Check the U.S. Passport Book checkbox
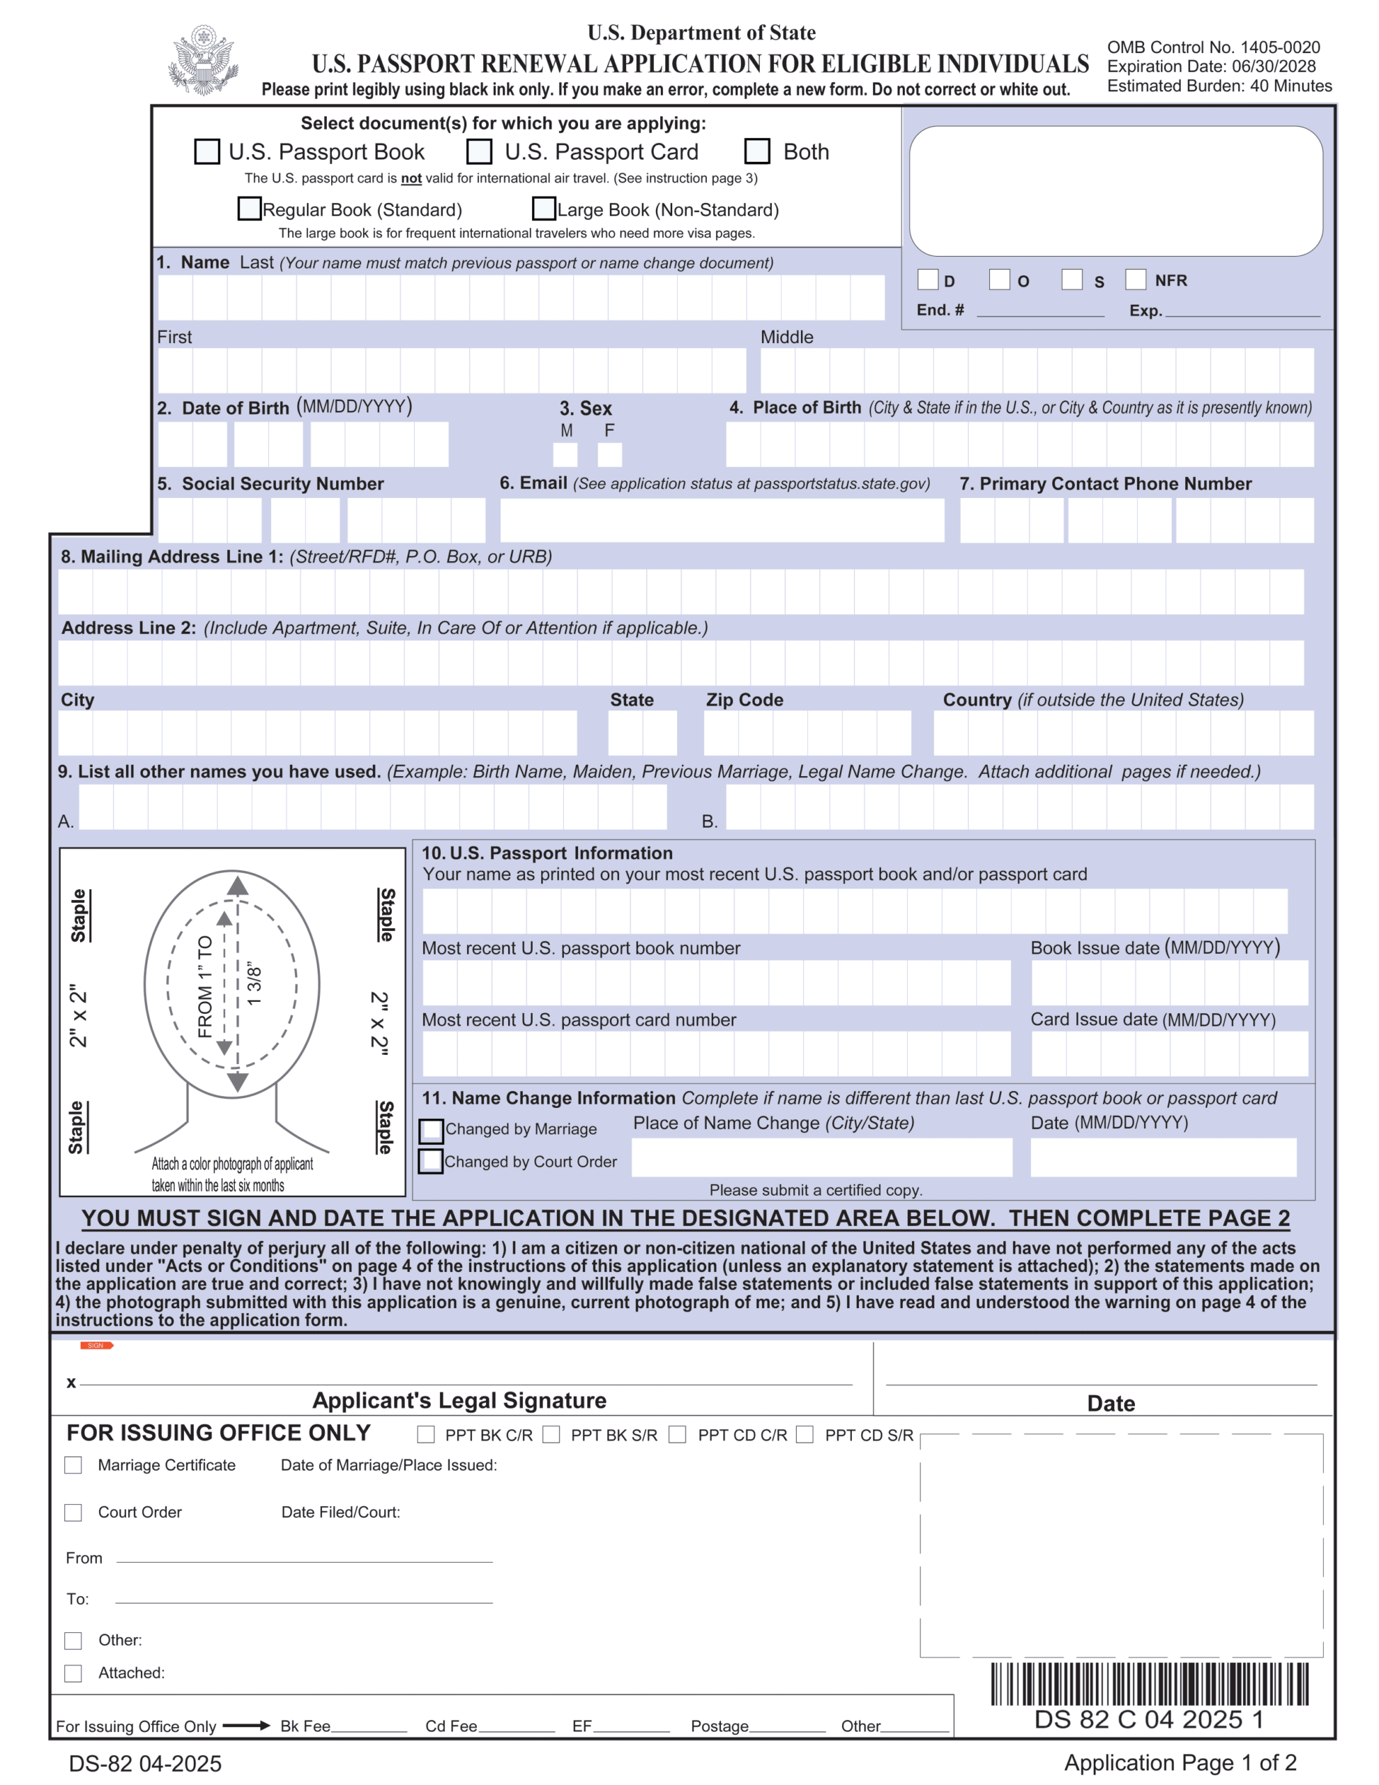click(207, 151)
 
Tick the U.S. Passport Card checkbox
click(479, 151)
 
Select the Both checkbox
click(757, 151)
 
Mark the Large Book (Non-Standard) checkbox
click(544, 208)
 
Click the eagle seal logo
click(203, 61)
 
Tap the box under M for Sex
click(565, 455)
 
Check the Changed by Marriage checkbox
click(431, 1130)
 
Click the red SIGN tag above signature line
click(96, 1345)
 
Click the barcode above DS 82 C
click(1150, 1684)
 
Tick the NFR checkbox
click(1136, 280)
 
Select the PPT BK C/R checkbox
click(426, 1434)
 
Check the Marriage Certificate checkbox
click(74, 1466)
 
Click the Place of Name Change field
click(821, 1157)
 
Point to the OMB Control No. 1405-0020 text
click(1213, 47)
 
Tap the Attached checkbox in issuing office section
click(74, 1673)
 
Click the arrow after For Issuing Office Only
click(246, 1725)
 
